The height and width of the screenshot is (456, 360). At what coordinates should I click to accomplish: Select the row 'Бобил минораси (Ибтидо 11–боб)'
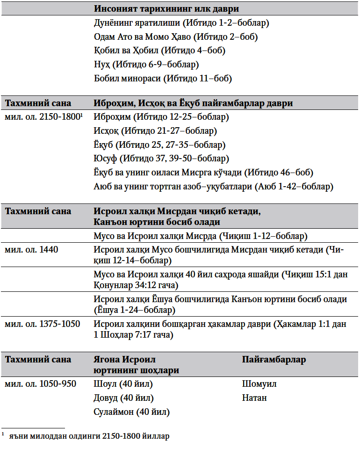click(163, 78)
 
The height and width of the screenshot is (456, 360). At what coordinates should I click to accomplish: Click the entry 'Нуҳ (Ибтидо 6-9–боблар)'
click(146, 64)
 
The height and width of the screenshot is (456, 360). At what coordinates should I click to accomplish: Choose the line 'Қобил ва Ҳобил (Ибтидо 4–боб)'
click(159, 50)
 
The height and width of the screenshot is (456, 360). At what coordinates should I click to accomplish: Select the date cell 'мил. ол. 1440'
click(31, 250)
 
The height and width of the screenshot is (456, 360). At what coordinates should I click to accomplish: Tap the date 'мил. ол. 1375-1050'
click(42, 324)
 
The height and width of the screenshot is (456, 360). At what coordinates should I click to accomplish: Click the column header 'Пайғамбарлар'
click(274, 360)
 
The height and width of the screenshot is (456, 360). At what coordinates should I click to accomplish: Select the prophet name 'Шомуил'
click(259, 384)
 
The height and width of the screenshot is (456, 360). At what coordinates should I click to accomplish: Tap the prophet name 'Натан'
click(254, 398)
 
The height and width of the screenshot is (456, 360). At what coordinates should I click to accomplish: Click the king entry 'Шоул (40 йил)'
click(123, 384)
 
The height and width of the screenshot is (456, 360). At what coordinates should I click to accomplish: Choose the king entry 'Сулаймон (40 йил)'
click(131, 412)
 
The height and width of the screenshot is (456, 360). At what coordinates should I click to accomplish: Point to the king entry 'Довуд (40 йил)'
click(123, 398)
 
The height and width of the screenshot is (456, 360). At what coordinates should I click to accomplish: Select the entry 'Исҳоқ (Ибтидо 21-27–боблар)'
click(155, 131)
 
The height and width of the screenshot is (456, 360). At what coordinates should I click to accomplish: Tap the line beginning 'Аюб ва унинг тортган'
click(213, 187)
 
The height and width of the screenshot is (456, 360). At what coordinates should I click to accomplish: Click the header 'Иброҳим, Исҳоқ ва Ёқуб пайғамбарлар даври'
click(193, 103)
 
